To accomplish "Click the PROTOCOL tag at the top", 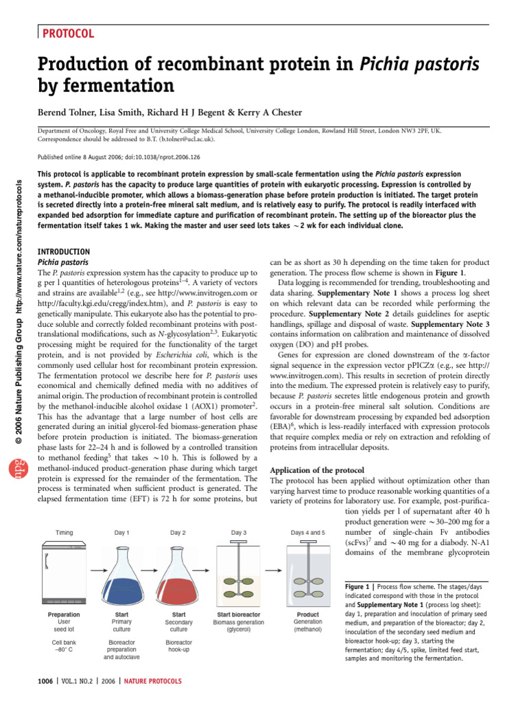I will tap(69, 34).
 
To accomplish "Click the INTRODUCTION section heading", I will tap(63, 252).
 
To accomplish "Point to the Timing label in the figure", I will tap(65, 532).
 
